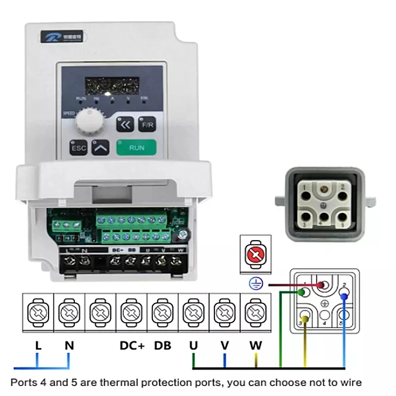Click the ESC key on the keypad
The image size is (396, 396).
(x=78, y=148)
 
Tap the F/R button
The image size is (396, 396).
(x=147, y=125)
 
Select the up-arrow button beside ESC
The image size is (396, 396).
(x=101, y=147)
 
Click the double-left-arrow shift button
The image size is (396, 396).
(x=125, y=125)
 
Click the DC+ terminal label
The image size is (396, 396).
(x=132, y=345)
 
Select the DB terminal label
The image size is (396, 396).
(x=162, y=345)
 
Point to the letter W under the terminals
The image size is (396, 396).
(x=255, y=345)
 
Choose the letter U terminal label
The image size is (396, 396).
(x=194, y=345)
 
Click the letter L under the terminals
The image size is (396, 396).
(x=38, y=345)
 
